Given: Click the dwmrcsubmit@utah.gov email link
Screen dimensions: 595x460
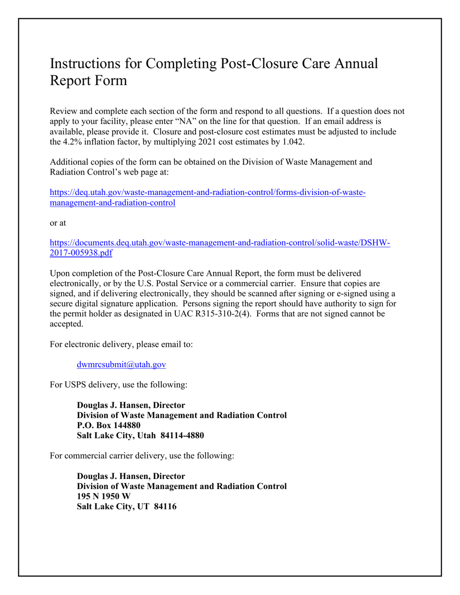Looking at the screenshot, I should click(121, 365).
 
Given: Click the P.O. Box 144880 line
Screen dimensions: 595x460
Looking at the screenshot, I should click(109, 425).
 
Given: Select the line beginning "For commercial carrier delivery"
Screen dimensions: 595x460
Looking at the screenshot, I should click(142, 456).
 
